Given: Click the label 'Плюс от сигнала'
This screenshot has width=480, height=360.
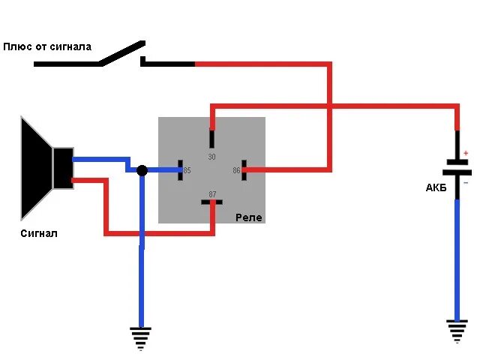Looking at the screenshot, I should [x=47, y=46].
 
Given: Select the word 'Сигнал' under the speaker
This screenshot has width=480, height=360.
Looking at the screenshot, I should [x=39, y=233].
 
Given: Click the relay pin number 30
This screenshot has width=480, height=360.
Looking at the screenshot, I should [x=211, y=157].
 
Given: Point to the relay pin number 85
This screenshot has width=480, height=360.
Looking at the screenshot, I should [x=187, y=170].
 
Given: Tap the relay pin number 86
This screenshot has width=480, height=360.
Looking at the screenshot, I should [x=236, y=170].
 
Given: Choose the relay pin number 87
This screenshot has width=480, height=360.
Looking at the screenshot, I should [x=212, y=194].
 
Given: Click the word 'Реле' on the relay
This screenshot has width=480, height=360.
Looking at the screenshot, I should [x=249, y=217].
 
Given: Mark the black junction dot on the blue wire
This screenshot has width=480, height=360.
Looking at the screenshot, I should [x=142, y=171].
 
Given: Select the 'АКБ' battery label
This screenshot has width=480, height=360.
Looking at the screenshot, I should [x=436, y=187].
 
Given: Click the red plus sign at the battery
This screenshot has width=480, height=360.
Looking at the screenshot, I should [x=466, y=152].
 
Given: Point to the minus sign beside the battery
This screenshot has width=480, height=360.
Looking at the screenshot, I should [x=466, y=182].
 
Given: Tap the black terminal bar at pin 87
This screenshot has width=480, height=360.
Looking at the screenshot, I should [x=212, y=202].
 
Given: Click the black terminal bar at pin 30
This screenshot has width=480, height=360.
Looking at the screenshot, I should [x=212, y=139].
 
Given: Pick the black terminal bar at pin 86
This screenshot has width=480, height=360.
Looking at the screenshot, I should [x=244, y=170].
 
